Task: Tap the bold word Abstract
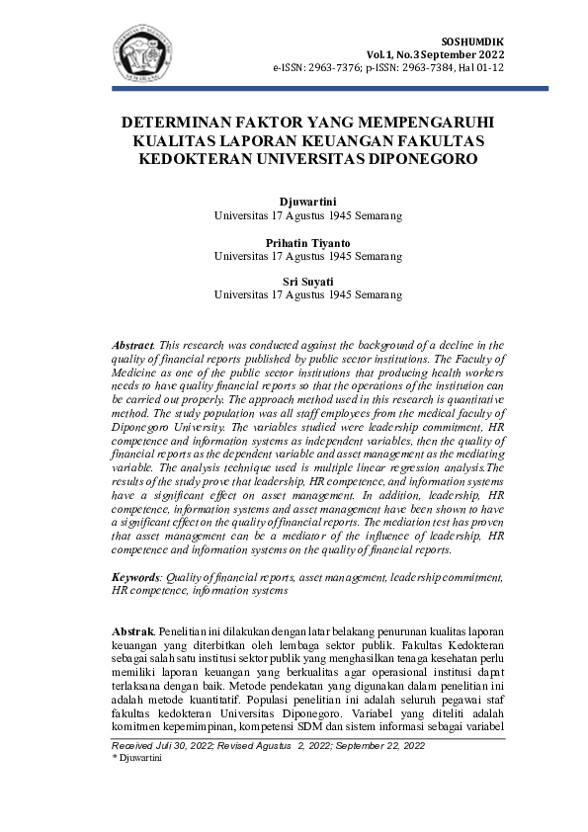(x=131, y=344)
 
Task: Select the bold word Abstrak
(x=131, y=629)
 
